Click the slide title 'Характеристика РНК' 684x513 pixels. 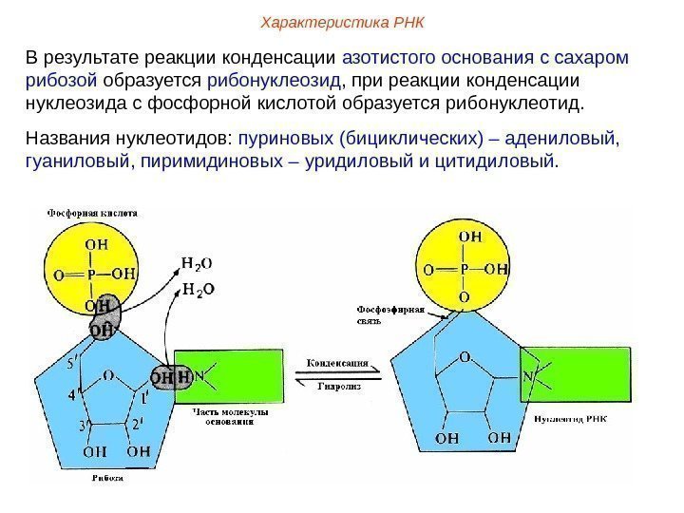(x=344, y=21)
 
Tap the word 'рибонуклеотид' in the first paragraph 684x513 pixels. (x=533, y=102)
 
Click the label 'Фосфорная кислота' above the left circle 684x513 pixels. (x=92, y=215)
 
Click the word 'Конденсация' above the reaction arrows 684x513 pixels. (x=338, y=362)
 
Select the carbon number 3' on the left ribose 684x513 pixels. (x=83, y=424)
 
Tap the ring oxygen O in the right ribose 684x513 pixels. (x=465, y=358)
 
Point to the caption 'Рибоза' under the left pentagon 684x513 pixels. (x=109, y=478)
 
